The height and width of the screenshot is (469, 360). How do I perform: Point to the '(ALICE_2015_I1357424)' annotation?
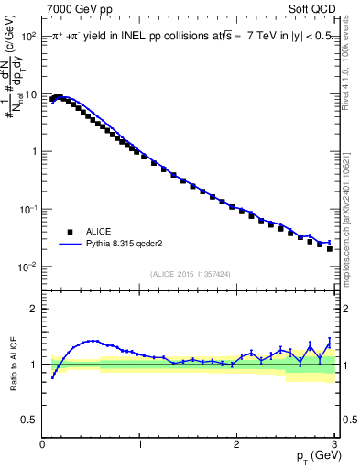point(191,273)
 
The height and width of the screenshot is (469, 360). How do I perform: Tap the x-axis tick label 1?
point(139,444)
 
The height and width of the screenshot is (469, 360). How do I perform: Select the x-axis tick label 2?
point(236,444)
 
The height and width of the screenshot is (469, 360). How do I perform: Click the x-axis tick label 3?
point(333,444)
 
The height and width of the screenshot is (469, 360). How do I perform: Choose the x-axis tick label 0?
point(42,444)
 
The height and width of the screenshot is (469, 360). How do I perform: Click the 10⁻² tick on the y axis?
point(27,267)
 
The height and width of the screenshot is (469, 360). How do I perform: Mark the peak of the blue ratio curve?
point(92,341)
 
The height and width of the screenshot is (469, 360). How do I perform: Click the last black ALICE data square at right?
point(330,248)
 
